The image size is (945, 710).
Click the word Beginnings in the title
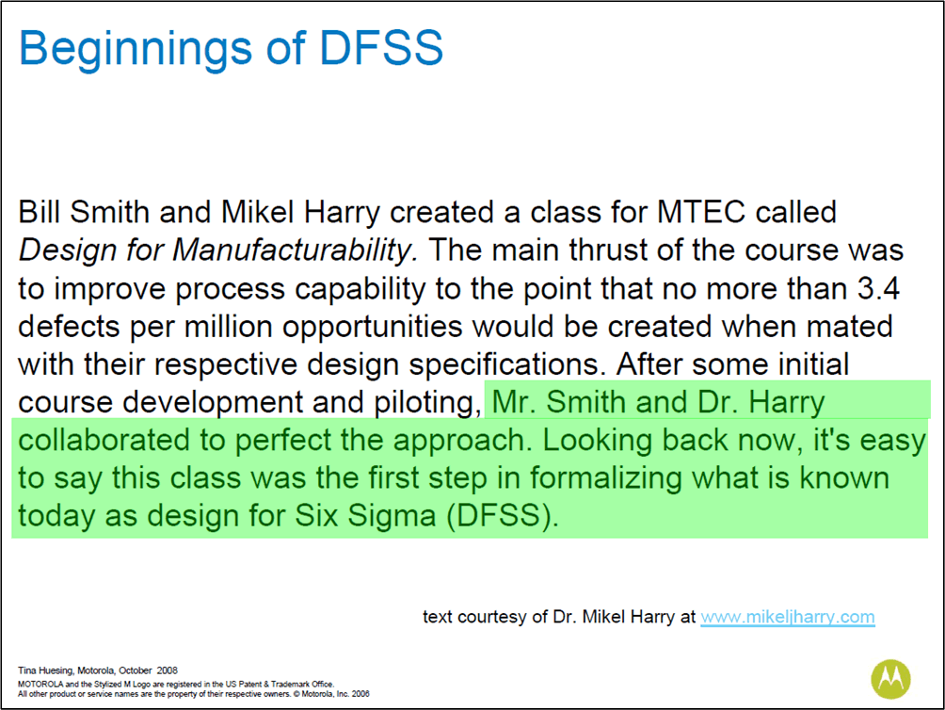coord(136,49)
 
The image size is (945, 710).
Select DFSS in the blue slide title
coord(381,47)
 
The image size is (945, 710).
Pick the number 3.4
coord(879,288)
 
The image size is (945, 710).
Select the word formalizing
coord(606,479)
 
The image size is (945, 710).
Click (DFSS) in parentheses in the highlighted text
coord(503,517)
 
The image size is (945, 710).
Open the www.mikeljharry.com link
coord(788,617)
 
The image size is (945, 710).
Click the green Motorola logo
coord(890,679)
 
